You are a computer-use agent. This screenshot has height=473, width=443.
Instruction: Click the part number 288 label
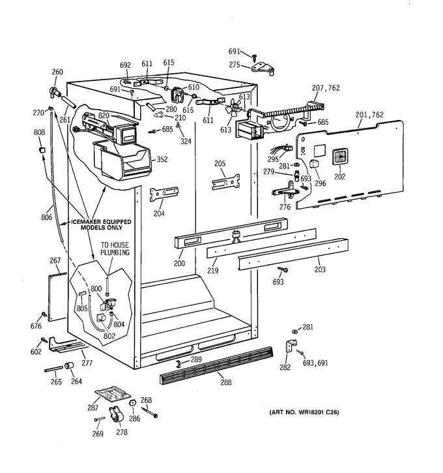click(226, 382)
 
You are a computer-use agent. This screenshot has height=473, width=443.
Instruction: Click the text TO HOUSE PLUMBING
click(115, 249)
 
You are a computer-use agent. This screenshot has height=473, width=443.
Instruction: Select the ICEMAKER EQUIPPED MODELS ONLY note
click(101, 224)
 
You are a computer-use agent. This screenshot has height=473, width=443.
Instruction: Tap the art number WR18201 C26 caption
click(304, 412)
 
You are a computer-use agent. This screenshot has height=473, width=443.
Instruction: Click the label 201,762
click(369, 115)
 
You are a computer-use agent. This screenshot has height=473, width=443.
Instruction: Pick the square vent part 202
click(340, 157)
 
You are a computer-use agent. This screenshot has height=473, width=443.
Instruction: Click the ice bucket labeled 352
click(122, 160)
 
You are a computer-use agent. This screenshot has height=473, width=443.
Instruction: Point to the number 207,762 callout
click(326, 88)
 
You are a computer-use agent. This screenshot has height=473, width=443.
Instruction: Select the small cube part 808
click(43, 149)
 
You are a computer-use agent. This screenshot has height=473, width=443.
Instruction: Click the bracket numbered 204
click(164, 194)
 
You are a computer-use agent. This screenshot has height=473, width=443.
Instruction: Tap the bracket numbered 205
click(226, 182)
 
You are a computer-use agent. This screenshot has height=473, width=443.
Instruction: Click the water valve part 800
click(108, 304)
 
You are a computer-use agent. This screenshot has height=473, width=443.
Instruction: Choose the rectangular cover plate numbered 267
click(57, 296)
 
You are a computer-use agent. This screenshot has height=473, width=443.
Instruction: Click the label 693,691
click(315, 363)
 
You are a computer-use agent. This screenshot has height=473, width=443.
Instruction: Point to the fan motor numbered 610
click(177, 94)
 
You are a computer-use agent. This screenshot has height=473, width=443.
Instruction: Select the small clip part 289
click(178, 363)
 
